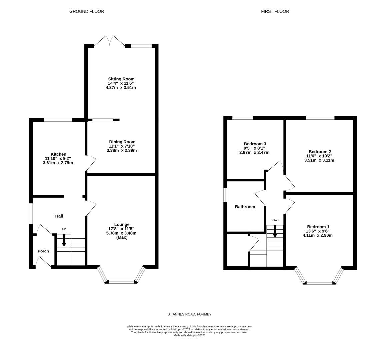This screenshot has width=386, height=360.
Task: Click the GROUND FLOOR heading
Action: coord(86,11)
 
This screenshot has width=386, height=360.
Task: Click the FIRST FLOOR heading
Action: coord(275,11)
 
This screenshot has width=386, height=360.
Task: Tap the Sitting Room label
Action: coord(121,79)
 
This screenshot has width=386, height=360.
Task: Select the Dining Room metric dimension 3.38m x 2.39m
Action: coord(122,150)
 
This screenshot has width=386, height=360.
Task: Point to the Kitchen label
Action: coord(58,154)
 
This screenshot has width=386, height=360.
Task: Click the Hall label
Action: coord(59,216)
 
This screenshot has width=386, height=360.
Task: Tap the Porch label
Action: coord(43,251)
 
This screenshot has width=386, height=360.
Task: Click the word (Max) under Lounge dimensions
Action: coord(122,237)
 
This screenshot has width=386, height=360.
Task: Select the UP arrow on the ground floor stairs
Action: coord(64,240)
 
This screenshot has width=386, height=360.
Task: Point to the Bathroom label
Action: coord(245,207)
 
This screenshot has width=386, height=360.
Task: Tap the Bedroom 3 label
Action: coord(255,144)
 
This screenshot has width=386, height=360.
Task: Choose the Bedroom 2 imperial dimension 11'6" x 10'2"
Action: coord(319,156)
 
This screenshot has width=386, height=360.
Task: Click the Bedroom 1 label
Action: coord(318,227)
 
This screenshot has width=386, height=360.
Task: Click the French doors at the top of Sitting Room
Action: coord(110,41)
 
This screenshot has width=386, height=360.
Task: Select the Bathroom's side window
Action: coord(225,195)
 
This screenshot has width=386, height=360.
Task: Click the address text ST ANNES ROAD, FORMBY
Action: coord(189,314)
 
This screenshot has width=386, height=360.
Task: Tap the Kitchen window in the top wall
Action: coord(58,120)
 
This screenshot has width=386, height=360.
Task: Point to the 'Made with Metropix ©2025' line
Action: coord(189,335)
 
